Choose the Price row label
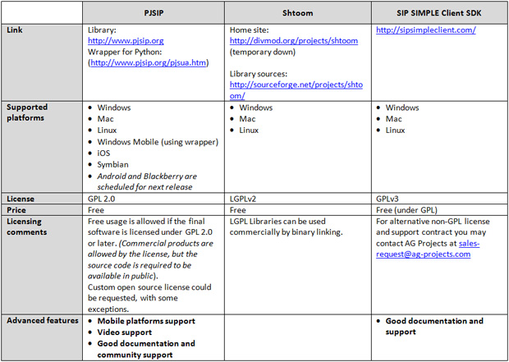click(18, 209)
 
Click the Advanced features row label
click(41, 321)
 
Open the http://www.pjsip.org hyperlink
click(126, 40)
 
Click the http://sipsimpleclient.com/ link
click(425, 30)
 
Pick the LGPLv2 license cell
click(247, 199)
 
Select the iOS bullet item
click(104, 153)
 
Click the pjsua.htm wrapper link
click(149, 62)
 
